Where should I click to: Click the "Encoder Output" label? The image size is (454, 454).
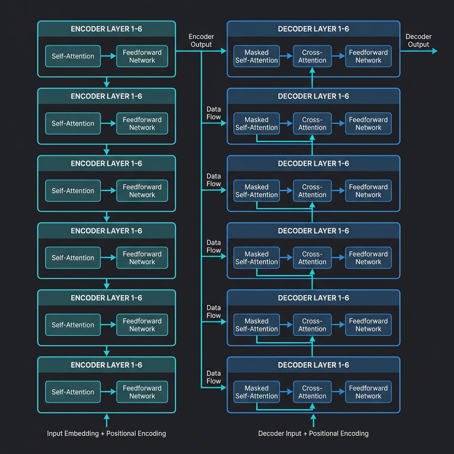pyautogui.click(x=201, y=40)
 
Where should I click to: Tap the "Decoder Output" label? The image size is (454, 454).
pyautogui.click(x=418, y=40)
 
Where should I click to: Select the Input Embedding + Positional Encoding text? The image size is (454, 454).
pyautogui.click(x=106, y=433)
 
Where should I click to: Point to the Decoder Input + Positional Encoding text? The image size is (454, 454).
pyautogui.click(x=313, y=433)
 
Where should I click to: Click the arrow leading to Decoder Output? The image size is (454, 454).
pyautogui.click(x=419, y=51)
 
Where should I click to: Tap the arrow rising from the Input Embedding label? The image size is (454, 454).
pyautogui.click(x=106, y=419)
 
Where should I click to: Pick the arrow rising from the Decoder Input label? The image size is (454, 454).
pyautogui.click(x=313, y=419)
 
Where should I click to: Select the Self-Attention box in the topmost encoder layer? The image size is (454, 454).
pyautogui.click(x=73, y=56)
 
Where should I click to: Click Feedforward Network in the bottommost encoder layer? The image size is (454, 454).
pyautogui.click(x=142, y=392)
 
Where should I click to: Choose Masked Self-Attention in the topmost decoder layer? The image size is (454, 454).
pyautogui.click(x=257, y=56)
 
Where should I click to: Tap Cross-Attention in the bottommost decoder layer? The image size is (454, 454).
pyautogui.click(x=312, y=392)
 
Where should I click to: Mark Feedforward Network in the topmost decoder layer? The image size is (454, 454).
pyautogui.click(x=368, y=56)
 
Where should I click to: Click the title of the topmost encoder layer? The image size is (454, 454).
pyautogui.click(x=106, y=29)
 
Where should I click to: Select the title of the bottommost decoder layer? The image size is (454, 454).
pyautogui.click(x=313, y=365)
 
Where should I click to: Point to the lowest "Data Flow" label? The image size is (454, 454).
pyautogui.click(x=214, y=377)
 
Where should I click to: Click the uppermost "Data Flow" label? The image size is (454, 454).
pyautogui.click(x=214, y=113)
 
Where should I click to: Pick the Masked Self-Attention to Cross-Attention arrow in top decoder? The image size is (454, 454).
pyautogui.click(x=286, y=56)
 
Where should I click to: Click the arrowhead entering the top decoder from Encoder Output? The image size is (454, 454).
pyautogui.click(x=223, y=51)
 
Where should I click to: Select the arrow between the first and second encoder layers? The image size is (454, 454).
pyautogui.click(x=106, y=82)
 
